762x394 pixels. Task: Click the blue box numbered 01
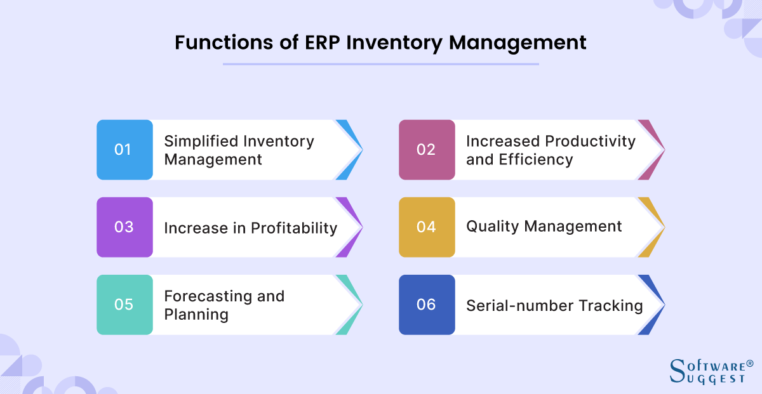click(124, 150)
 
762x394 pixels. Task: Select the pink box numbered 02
click(427, 150)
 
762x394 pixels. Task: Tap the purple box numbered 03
click(124, 227)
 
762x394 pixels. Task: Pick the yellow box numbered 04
click(427, 227)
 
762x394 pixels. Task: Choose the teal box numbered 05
click(124, 305)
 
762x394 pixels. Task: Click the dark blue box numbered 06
click(427, 305)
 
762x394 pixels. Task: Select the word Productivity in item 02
click(591, 141)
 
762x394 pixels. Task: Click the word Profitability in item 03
click(294, 228)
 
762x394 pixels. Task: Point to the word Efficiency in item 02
click(535, 159)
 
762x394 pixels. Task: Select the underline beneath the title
click(380, 63)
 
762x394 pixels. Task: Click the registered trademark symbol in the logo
click(749, 364)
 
